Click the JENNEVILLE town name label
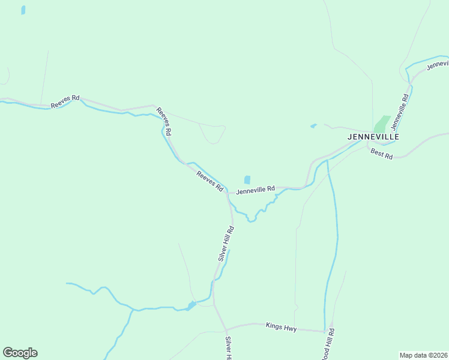tap(373, 137)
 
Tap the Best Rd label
tap(381, 154)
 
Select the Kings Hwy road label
tap(281, 327)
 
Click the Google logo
tap(20, 353)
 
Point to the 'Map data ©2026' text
tap(423, 355)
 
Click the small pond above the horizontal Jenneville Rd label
tap(247, 180)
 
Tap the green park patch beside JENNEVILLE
tap(381, 124)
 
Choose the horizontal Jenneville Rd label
tap(255, 191)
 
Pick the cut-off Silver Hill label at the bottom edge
tap(228, 348)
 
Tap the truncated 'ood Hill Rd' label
tap(330, 344)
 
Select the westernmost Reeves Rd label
tap(65, 101)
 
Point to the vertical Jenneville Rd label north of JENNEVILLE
tap(400, 112)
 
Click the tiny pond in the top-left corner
tap(23, 10)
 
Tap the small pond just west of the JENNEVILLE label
tap(313, 126)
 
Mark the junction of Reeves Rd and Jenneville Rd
tap(227, 193)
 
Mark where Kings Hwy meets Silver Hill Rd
tap(226, 329)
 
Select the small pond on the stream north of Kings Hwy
tap(191, 305)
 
